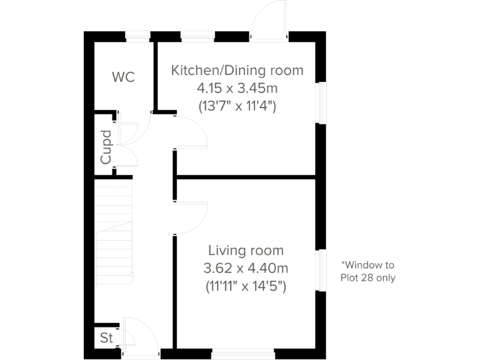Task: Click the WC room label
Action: tap(123, 77)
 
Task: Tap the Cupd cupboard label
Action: tap(106, 147)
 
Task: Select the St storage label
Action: tap(106, 338)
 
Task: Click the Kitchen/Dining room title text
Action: tap(237, 70)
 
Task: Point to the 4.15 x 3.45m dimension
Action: tap(237, 88)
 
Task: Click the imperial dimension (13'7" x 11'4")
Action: tap(237, 106)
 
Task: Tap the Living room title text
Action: tap(246, 251)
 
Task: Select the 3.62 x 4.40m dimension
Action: tap(246, 269)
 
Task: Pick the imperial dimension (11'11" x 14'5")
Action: tap(246, 287)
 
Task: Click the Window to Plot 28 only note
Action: tap(367, 271)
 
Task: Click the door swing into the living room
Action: tap(191, 218)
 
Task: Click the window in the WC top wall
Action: tap(138, 36)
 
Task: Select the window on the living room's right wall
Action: tap(321, 270)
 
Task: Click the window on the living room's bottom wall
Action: tap(243, 354)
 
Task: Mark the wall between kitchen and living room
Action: tap(246, 177)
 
